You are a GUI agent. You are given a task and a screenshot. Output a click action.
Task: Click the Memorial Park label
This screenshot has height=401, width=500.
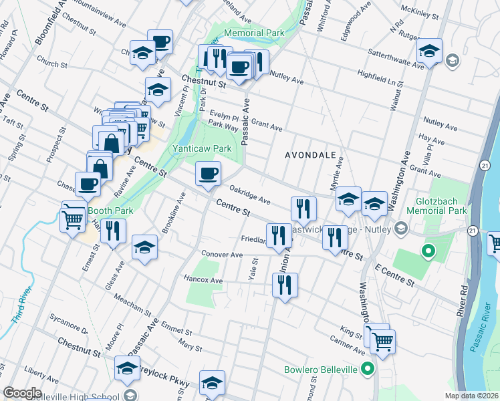255,33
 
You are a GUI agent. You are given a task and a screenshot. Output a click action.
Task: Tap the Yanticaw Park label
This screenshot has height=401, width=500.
202,148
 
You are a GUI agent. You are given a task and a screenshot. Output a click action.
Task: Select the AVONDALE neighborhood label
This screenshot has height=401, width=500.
309,154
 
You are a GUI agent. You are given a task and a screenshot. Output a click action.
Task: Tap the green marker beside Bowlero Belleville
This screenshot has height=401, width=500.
367,368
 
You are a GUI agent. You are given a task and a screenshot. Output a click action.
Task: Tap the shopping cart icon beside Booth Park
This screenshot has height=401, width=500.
74,217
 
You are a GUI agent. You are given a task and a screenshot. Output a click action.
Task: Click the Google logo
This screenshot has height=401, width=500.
22,392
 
